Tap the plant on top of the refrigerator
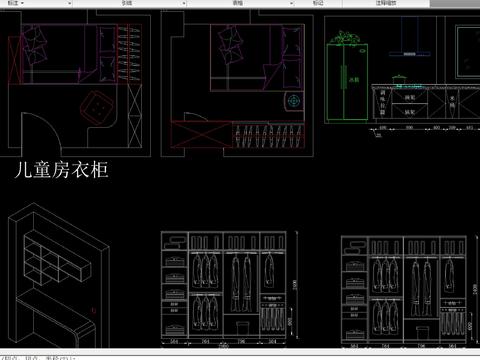pos(346,39)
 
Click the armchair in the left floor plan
pos(101,105)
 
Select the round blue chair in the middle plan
pos(293,101)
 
